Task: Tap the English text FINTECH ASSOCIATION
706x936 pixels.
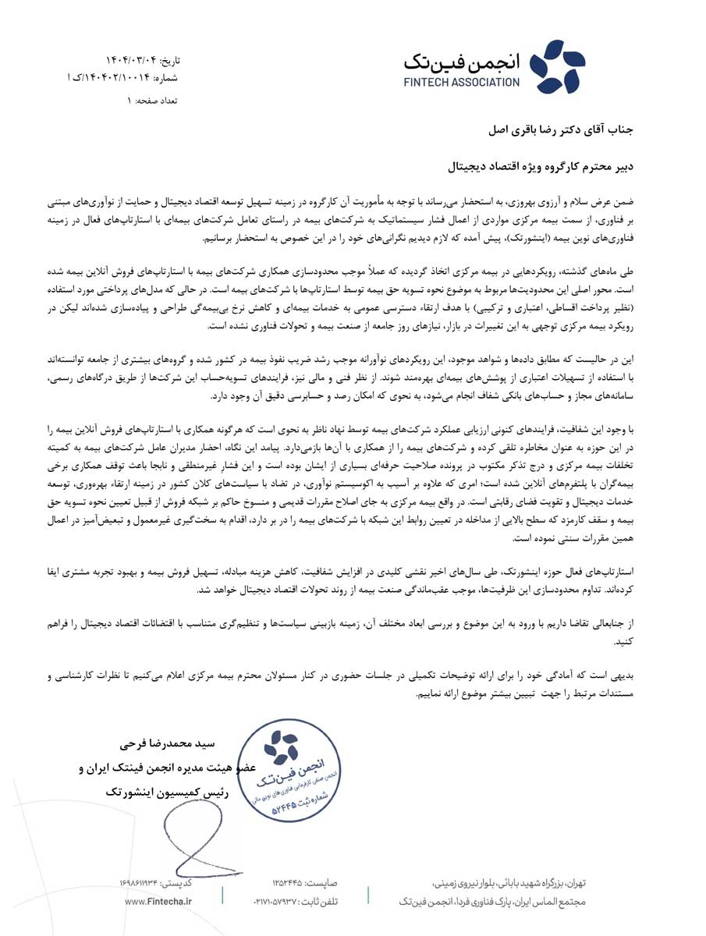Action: click(462, 81)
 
